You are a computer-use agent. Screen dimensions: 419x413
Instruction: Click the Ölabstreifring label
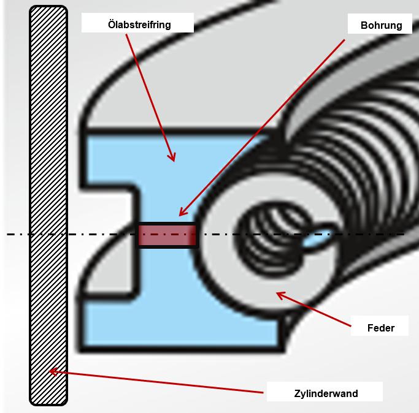pyautogui.click(x=139, y=25)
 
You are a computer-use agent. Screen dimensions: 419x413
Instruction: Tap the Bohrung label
pyautogui.click(x=382, y=25)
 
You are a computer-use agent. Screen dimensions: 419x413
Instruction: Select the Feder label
pyautogui.click(x=381, y=328)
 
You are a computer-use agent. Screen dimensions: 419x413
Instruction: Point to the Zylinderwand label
pyautogui.click(x=326, y=393)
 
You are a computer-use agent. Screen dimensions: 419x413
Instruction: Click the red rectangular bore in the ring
pyautogui.click(x=167, y=235)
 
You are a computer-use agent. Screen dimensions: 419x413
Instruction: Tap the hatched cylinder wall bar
pyautogui.click(x=48, y=205)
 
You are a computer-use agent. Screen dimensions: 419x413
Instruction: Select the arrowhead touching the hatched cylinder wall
pyautogui.click(x=53, y=371)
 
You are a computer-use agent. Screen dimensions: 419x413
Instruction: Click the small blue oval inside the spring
pyautogui.click(x=317, y=238)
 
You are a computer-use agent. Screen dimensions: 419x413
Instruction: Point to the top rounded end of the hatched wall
pyautogui.click(x=48, y=9)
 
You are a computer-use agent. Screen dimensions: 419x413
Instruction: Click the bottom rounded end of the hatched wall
pyautogui.click(x=48, y=402)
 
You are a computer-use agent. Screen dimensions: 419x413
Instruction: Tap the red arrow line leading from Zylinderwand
pyautogui.click(x=156, y=382)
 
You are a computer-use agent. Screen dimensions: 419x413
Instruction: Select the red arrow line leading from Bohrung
pyautogui.click(x=262, y=127)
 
